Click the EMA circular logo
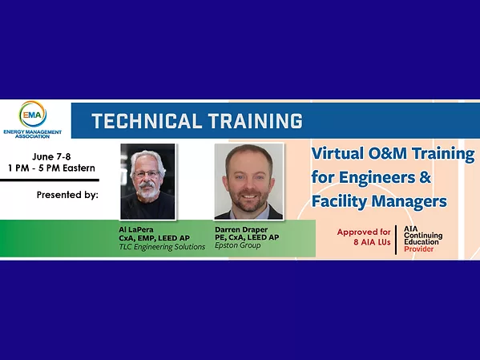click(33, 115)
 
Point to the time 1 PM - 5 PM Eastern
click(53, 168)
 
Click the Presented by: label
click(67, 195)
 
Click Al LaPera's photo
click(147, 181)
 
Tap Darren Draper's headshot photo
click(248, 181)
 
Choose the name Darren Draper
click(240, 229)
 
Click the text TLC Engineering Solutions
click(162, 246)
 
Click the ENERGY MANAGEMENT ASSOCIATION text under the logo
click(33, 134)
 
